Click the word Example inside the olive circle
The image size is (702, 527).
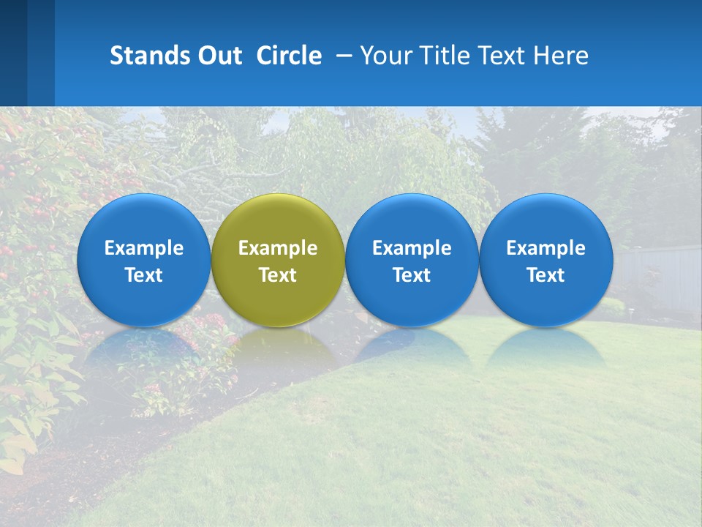[278, 248]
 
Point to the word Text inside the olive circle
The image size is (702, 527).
[278, 275]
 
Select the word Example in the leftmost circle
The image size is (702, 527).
[144, 248]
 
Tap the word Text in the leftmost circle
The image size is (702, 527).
[144, 275]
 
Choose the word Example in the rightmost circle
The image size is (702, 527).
[546, 248]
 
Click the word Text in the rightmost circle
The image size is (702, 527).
[546, 275]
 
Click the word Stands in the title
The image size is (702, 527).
[148, 56]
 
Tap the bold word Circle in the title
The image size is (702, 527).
[289, 56]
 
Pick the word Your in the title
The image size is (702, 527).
[385, 56]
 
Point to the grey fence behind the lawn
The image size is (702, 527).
[658, 274]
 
